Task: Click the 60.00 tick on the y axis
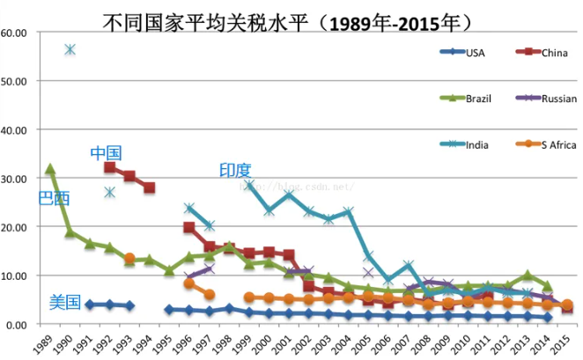17,33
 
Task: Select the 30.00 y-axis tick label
17,179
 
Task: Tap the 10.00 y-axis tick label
17,276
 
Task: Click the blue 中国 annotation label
106,153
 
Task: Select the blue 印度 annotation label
235,170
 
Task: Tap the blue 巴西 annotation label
54,198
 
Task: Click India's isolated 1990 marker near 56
70,49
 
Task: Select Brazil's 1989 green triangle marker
50,168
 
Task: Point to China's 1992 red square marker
109,167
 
